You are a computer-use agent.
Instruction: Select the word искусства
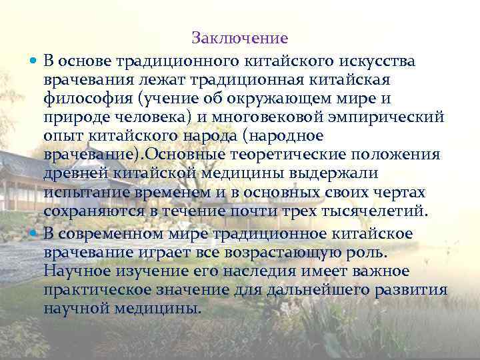(x=377, y=61)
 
